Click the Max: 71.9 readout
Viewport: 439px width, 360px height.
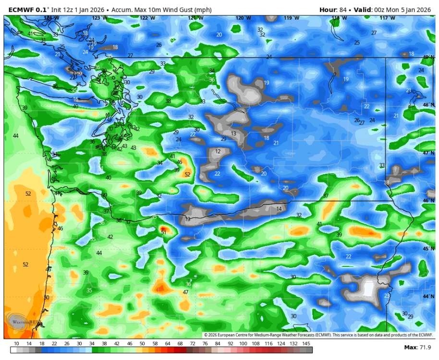[x=417, y=348]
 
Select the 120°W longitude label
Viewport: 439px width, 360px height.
[x=241, y=18]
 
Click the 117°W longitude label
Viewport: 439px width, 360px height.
[x=387, y=18]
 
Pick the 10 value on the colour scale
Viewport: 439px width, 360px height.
[x=17, y=344]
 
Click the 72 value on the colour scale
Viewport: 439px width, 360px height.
[x=192, y=344]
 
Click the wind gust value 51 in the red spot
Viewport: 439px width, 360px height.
[x=164, y=232]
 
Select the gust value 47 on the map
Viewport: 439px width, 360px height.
[x=186, y=292]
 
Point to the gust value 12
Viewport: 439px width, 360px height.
[x=218, y=151]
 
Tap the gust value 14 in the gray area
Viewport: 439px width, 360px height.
[x=279, y=209]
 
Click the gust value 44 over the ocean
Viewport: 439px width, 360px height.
[x=16, y=136]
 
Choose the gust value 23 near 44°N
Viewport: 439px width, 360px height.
[x=387, y=296]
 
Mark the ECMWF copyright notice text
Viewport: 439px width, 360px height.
[x=318, y=335]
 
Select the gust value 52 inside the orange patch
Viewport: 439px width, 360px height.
[x=187, y=175]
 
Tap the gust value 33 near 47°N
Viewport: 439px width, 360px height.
[x=382, y=165]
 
